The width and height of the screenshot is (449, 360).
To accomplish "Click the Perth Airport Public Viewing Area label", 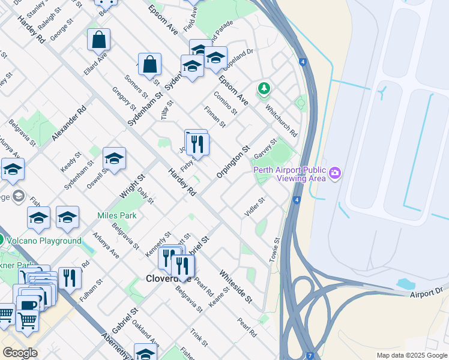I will (289, 174).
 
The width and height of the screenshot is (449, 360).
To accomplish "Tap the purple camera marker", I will (335, 174).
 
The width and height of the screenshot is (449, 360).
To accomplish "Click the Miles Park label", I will (117, 215).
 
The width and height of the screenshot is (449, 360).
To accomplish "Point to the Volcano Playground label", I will (43, 241).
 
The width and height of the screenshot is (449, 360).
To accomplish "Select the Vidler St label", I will (255, 207).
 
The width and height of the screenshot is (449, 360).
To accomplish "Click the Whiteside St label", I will (235, 286).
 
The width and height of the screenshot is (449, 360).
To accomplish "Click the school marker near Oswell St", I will (114, 159).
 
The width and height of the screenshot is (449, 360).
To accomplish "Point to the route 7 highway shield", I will (310, 355).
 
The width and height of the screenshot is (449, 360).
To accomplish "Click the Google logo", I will (20, 353).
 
